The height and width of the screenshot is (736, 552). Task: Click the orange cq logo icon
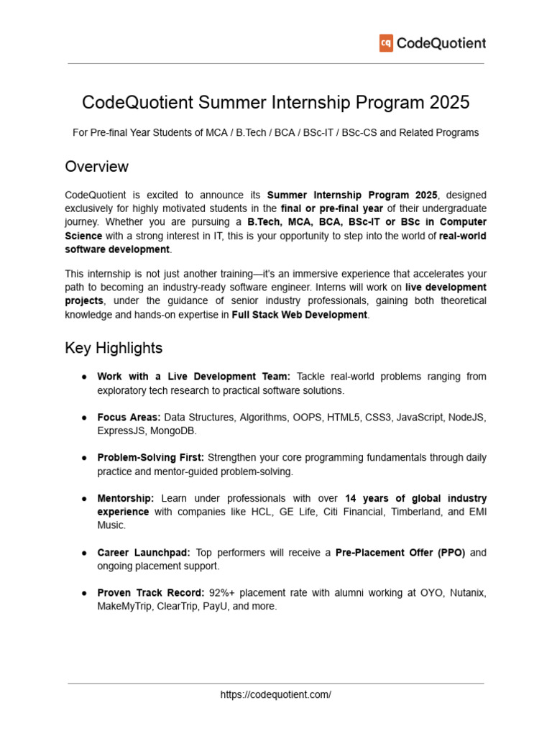pyautogui.click(x=386, y=43)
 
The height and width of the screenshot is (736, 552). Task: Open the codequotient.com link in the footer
pyautogui.click(x=276, y=694)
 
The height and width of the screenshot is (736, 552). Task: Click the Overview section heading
pyautogui.click(x=96, y=167)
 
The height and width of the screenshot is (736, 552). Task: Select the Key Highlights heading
pyautogui.click(x=114, y=348)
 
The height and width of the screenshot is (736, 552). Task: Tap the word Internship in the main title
pyautogui.click(x=312, y=103)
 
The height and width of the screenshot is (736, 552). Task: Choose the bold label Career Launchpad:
pyautogui.click(x=144, y=553)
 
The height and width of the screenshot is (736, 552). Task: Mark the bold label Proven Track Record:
pyautogui.click(x=150, y=593)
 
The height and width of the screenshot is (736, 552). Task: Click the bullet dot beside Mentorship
pyautogui.click(x=84, y=498)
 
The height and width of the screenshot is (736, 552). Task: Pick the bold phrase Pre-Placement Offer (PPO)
pyautogui.click(x=400, y=553)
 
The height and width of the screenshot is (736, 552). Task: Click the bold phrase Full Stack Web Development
pyautogui.click(x=299, y=315)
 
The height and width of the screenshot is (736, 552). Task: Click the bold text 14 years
pyautogui.click(x=364, y=498)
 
